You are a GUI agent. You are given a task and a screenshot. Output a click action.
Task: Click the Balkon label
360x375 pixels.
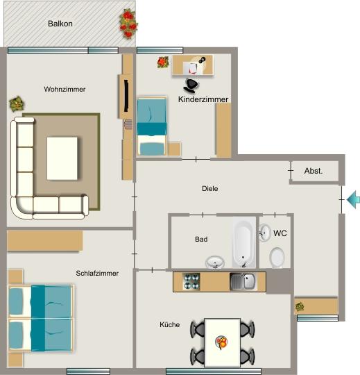coord(60,24)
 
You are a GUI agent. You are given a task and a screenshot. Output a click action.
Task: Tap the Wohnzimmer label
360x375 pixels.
coord(64,90)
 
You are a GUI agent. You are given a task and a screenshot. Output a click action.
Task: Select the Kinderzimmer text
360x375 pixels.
coord(203,100)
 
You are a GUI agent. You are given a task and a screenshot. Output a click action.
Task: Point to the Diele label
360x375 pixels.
coord(210,188)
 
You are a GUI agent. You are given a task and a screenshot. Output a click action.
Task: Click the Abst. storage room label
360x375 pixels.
coord(314,171)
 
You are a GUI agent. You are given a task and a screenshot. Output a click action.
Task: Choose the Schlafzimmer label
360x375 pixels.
coord(97,274)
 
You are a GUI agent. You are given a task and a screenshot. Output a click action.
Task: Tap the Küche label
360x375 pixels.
coord(170,324)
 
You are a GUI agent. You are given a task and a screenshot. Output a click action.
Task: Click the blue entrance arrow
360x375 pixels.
coord(353,200)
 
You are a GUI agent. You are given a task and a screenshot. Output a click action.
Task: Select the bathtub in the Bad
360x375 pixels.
coord(243,243)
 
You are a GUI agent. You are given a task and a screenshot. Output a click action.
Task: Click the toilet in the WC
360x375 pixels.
coord(277,258)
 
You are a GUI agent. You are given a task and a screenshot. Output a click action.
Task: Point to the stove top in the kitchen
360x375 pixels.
coord(191,282)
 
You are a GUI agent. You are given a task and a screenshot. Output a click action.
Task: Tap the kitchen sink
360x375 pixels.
coord(243,282)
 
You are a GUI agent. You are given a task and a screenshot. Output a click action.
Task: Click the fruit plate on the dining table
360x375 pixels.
coord(222,342)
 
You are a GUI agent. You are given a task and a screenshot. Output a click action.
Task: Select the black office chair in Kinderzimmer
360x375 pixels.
coord(191,85)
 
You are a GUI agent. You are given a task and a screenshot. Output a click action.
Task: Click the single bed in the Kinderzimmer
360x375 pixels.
coord(152,126)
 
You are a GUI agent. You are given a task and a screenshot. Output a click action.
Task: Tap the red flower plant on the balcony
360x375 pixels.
coord(128,24)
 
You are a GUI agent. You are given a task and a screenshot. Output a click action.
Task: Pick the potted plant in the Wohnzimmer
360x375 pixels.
coord(15,105)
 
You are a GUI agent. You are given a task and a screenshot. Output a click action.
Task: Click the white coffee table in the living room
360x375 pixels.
coord(62,157)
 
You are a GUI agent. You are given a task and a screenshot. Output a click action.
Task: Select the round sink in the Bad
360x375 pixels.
coord(215,262)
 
